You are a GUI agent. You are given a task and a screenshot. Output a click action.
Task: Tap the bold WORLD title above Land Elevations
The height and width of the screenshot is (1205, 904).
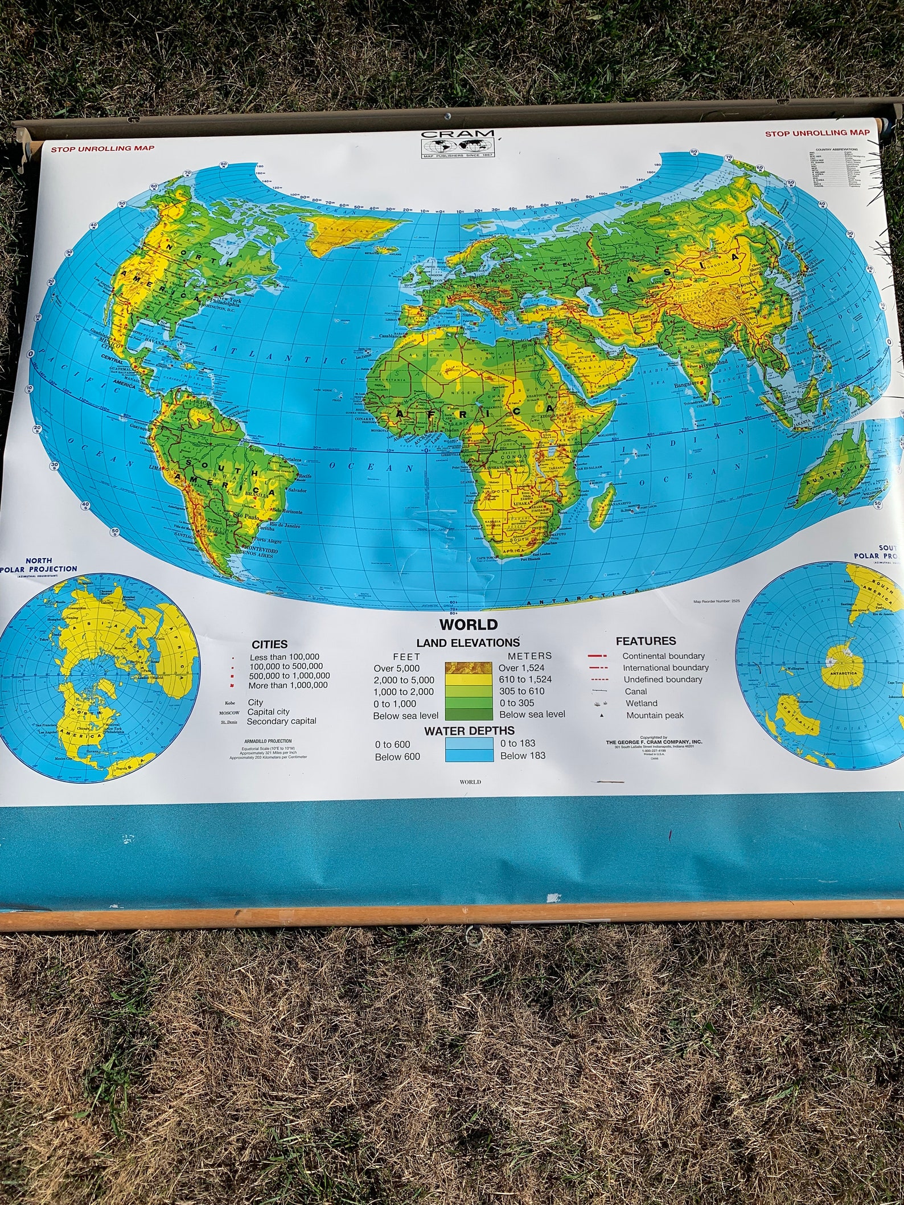[469, 624]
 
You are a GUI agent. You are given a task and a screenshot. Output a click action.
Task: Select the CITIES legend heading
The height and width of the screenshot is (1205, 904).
[270, 644]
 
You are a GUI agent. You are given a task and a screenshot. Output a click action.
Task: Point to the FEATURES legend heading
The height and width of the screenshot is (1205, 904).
[646, 641]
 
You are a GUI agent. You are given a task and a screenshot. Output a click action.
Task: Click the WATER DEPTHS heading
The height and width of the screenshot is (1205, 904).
[469, 730]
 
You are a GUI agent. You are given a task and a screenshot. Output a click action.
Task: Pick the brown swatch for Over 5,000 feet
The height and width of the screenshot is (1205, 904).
[469, 668]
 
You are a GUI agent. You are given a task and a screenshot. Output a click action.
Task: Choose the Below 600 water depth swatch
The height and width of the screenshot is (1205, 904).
[469, 756]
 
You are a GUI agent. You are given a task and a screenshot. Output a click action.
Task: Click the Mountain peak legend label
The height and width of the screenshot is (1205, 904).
[655, 715]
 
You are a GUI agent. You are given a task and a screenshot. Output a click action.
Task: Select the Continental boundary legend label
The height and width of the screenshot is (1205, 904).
[663, 656]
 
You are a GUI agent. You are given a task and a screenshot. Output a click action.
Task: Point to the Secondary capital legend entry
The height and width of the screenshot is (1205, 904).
[281, 721]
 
